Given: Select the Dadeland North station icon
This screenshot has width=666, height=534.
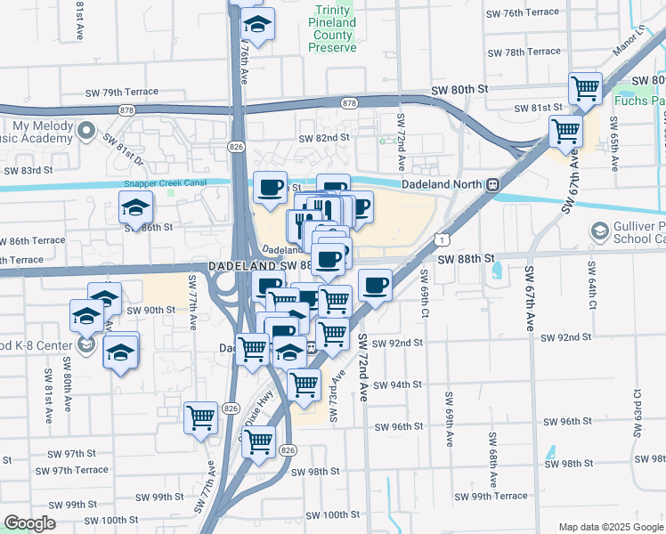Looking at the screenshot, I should click(x=491, y=184).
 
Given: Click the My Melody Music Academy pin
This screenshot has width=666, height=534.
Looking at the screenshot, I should click(x=85, y=133).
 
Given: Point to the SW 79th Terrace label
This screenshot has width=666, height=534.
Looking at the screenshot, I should click(x=122, y=92).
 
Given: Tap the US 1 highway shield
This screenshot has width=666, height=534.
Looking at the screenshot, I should click(x=441, y=239).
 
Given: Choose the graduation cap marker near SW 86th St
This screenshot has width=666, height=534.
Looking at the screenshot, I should click(x=135, y=208).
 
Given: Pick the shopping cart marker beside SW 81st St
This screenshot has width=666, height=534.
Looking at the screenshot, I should click(x=585, y=87).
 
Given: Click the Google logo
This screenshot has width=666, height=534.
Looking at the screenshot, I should click(x=29, y=523).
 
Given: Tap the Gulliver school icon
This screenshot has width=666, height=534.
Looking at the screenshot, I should click(x=598, y=231).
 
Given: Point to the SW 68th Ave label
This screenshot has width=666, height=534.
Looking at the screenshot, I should click(x=491, y=453).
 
